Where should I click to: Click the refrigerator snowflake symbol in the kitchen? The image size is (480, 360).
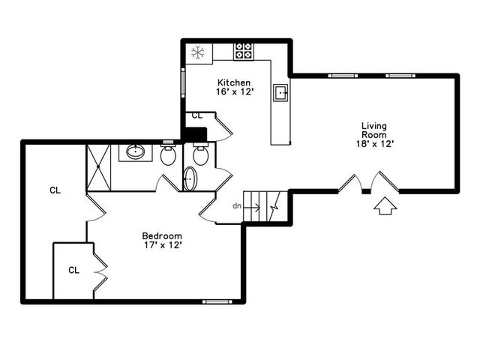pyautogui.click(x=198, y=52)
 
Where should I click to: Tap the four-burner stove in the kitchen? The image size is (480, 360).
pyautogui.click(x=243, y=51)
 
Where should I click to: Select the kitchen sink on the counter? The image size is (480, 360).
pyautogui.click(x=281, y=93)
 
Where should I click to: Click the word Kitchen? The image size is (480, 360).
pyautogui.click(x=233, y=82)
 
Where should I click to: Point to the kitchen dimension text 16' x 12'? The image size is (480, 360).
pyautogui.click(x=233, y=91)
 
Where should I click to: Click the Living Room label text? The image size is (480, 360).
pyautogui.click(x=375, y=130)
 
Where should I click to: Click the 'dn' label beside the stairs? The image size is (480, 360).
pyautogui.click(x=237, y=205)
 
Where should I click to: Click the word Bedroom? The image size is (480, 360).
pyautogui.click(x=162, y=235)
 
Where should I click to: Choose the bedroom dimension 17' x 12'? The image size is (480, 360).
pyautogui.click(x=162, y=244)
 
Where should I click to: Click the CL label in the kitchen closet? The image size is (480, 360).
pyautogui.click(x=197, y=115)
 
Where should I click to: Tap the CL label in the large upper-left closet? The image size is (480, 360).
pyautogui.click(x=55, y=190)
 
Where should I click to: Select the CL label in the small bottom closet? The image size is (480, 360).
pyautogui.click(x=73, y=270)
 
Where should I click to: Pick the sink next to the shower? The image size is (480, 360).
pyautogui.click(x=136, y=152)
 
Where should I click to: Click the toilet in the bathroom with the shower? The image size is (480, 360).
pyautogui.click(x=168, y=156)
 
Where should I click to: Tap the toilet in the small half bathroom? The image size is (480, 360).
pyautogui.click(x=199, y=156)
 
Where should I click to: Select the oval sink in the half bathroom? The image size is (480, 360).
pyautogui.click(x=190, y=179)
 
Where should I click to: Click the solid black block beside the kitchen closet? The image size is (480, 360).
pyautogui.click(x=195, y=134)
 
